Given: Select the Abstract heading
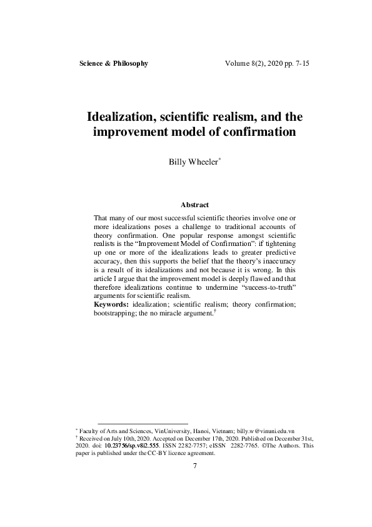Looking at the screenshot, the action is [194, 205].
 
